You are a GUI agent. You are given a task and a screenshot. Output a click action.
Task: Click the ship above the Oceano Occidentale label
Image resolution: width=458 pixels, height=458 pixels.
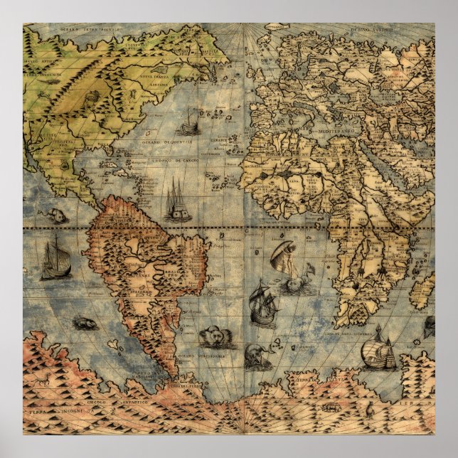[x=189, y=124]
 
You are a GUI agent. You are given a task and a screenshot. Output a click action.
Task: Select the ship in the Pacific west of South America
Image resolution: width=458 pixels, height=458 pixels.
[x=55, y=260]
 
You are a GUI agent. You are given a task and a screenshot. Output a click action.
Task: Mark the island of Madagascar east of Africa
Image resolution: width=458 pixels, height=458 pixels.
[x=422, y=292]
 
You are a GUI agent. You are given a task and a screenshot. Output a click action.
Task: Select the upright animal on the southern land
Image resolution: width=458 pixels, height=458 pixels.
[x=46, y=381]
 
